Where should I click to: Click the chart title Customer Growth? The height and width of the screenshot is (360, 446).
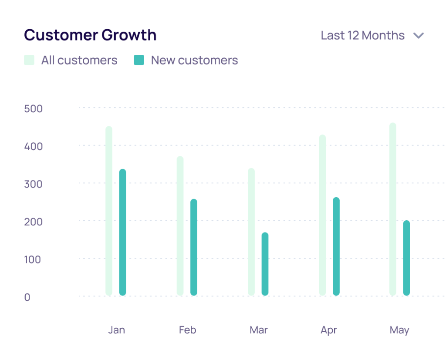tap(90, 35)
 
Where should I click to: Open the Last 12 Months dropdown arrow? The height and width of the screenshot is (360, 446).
tap(419, 36)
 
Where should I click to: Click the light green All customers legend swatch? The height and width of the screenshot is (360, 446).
tap(29, 60)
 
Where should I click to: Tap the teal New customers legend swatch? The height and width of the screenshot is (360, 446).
tap(139, 60)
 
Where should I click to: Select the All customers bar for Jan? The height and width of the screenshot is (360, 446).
tap(109, 211)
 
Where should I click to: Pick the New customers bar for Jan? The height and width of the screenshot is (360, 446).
tap(122, 232)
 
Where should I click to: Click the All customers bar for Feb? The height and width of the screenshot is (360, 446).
tap(180, 226)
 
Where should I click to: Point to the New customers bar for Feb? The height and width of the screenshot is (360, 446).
tap(194, 247)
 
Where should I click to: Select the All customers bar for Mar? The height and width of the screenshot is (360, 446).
tap(251, 232)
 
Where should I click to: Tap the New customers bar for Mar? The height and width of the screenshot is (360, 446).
tap(265, 264)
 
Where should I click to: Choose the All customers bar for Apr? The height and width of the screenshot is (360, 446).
tap(322, 215)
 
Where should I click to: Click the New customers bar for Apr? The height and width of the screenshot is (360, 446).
tap(336, 246)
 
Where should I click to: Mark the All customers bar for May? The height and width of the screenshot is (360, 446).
tap(393, 209)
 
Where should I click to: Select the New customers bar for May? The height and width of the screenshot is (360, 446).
tap(406, 258)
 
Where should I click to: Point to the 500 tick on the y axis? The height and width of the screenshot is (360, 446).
tap(34, 108)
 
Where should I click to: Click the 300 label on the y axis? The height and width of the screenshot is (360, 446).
tap(34, 184)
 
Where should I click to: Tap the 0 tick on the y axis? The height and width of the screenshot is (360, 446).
tap(27, 297)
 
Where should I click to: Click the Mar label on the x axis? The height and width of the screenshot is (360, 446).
tap(259, 330)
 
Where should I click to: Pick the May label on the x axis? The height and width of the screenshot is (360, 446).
tap(399, 330)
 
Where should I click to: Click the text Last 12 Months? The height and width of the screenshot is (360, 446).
tap(362, 35)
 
